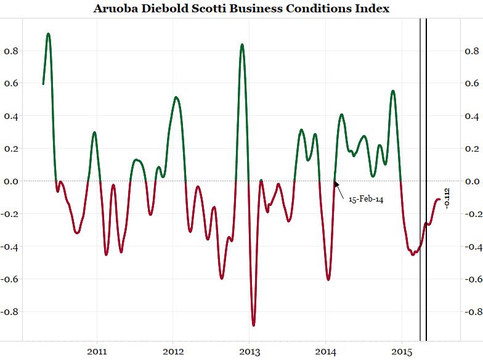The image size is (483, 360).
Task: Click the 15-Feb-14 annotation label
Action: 366,200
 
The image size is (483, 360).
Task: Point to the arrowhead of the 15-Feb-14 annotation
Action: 336,183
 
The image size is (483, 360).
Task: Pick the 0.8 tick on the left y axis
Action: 10,51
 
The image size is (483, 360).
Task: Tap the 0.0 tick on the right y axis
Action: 473,181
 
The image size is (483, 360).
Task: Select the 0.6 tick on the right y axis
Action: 473,83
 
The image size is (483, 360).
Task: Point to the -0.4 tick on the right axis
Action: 471,247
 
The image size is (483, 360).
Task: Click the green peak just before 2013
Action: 242,44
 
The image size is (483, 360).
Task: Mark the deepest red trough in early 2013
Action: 253,324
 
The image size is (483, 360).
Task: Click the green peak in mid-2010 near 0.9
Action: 48,34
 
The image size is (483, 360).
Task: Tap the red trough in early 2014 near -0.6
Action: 328,279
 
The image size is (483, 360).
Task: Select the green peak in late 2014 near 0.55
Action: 393,91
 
